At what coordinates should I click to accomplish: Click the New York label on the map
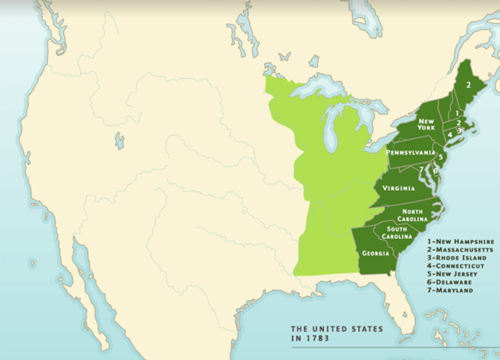(x=426, y=126)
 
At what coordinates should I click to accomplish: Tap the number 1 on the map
(x=457, y=113)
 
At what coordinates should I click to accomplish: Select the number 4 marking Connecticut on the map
(x=450, y=134)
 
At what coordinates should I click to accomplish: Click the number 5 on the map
(x=441, y=157)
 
